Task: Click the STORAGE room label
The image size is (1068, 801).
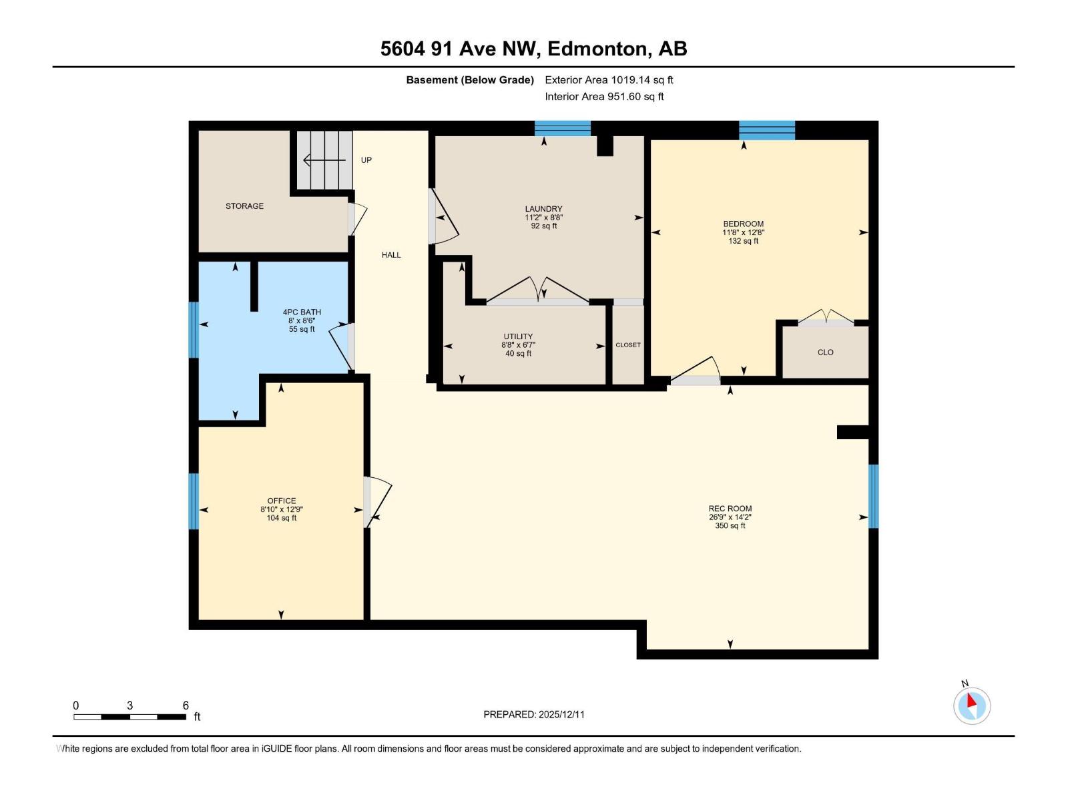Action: click(x=244, y=206)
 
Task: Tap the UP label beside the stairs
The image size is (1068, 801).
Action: click(x=366, y=160)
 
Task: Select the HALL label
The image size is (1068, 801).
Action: click(x=391, y=254)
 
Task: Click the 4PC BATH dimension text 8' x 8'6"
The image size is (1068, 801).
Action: click(x=302, y=320)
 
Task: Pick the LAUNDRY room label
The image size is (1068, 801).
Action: click(x=543, y=209)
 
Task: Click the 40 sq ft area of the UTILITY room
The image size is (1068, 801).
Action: click(x=518, y=354)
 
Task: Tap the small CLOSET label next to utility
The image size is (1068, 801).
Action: click(x=627, y=345)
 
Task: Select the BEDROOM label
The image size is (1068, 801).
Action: click(x=743, y=224)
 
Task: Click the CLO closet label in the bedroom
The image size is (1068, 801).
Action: click(x=825, y=352)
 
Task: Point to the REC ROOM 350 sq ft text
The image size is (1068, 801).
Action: click(x=730, y=526)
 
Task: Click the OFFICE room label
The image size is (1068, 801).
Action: click(x=281, y=501)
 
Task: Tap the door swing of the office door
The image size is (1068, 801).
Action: click(x=379, y=497)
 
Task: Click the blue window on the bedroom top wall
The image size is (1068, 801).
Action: click(x=766, y=130)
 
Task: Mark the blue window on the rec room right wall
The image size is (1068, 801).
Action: click(x=872, y=496)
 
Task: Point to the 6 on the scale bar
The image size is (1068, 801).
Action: click(x=186, y=706)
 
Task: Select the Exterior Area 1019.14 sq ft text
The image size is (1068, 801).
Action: click(x=609, y=80)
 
